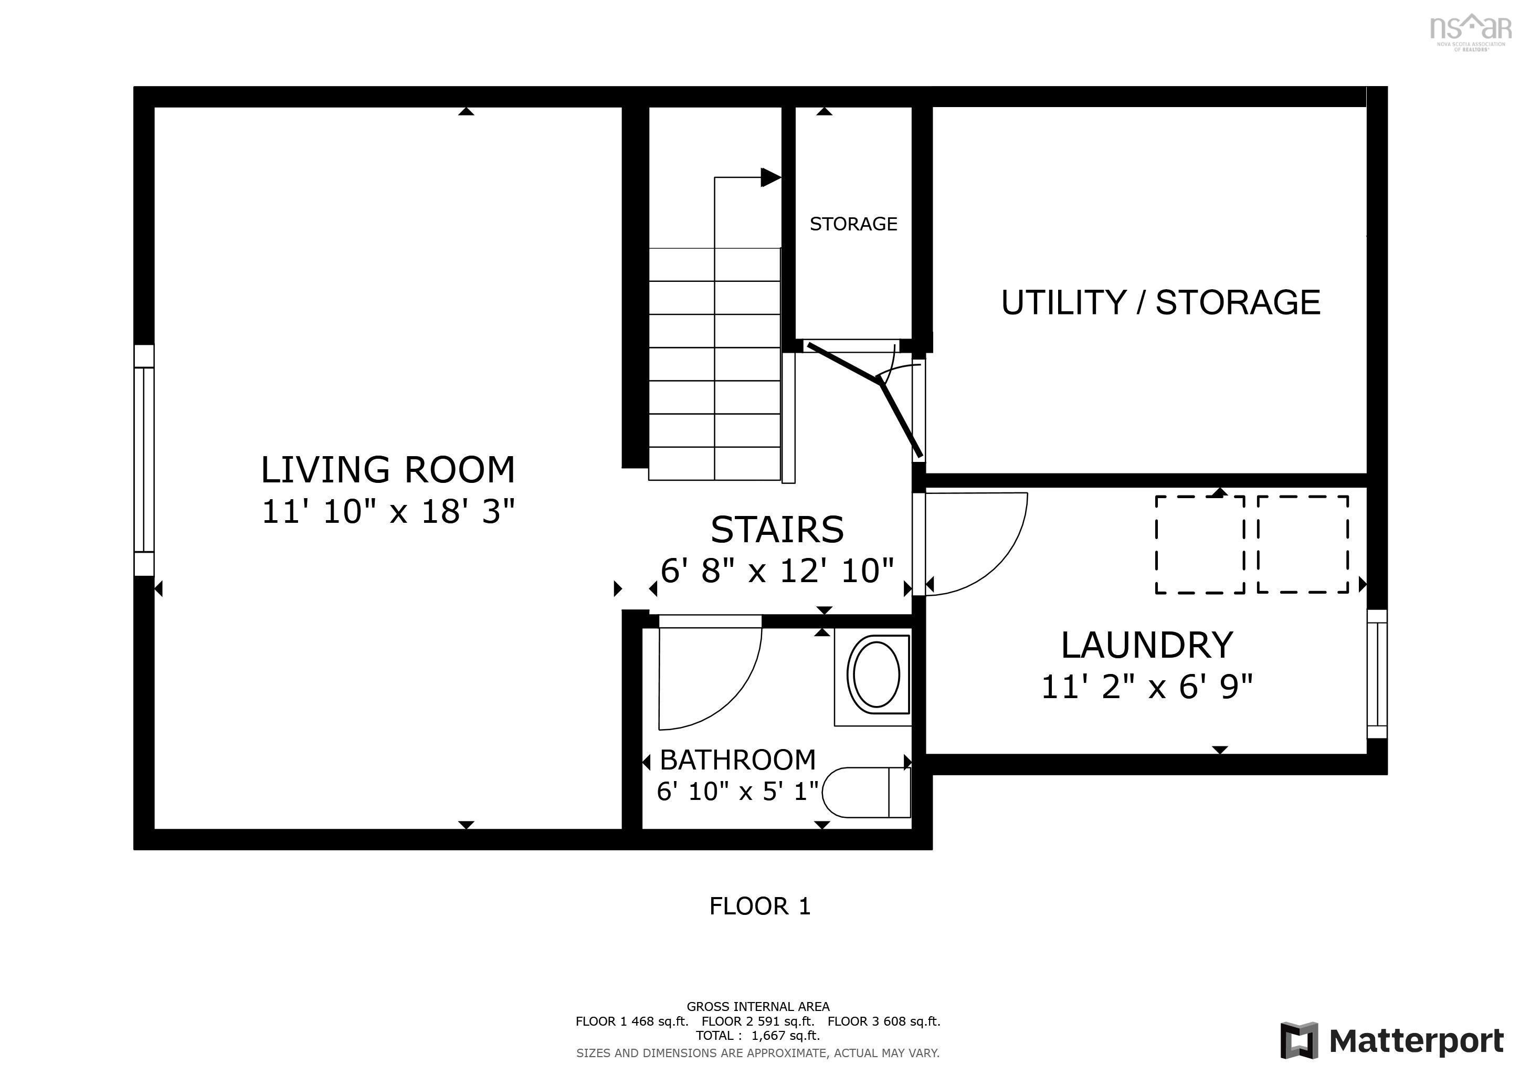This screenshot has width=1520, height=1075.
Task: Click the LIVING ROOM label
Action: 388,470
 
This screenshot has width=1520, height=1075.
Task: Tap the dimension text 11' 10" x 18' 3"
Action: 388,512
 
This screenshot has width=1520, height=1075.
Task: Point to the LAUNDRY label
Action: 1147,646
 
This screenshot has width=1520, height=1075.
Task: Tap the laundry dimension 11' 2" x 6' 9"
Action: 1147,687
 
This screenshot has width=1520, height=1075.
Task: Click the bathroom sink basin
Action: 876,675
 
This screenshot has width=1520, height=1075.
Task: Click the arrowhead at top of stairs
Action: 770,177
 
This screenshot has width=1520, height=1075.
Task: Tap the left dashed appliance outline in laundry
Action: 1200,544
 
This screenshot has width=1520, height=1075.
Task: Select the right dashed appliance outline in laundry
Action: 1303,544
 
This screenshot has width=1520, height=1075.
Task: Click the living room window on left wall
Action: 144,460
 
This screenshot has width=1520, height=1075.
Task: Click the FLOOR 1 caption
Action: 760,906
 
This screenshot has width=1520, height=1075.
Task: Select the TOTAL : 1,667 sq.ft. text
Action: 757,1035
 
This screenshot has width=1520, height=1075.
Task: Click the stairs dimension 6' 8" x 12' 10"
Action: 777,571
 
